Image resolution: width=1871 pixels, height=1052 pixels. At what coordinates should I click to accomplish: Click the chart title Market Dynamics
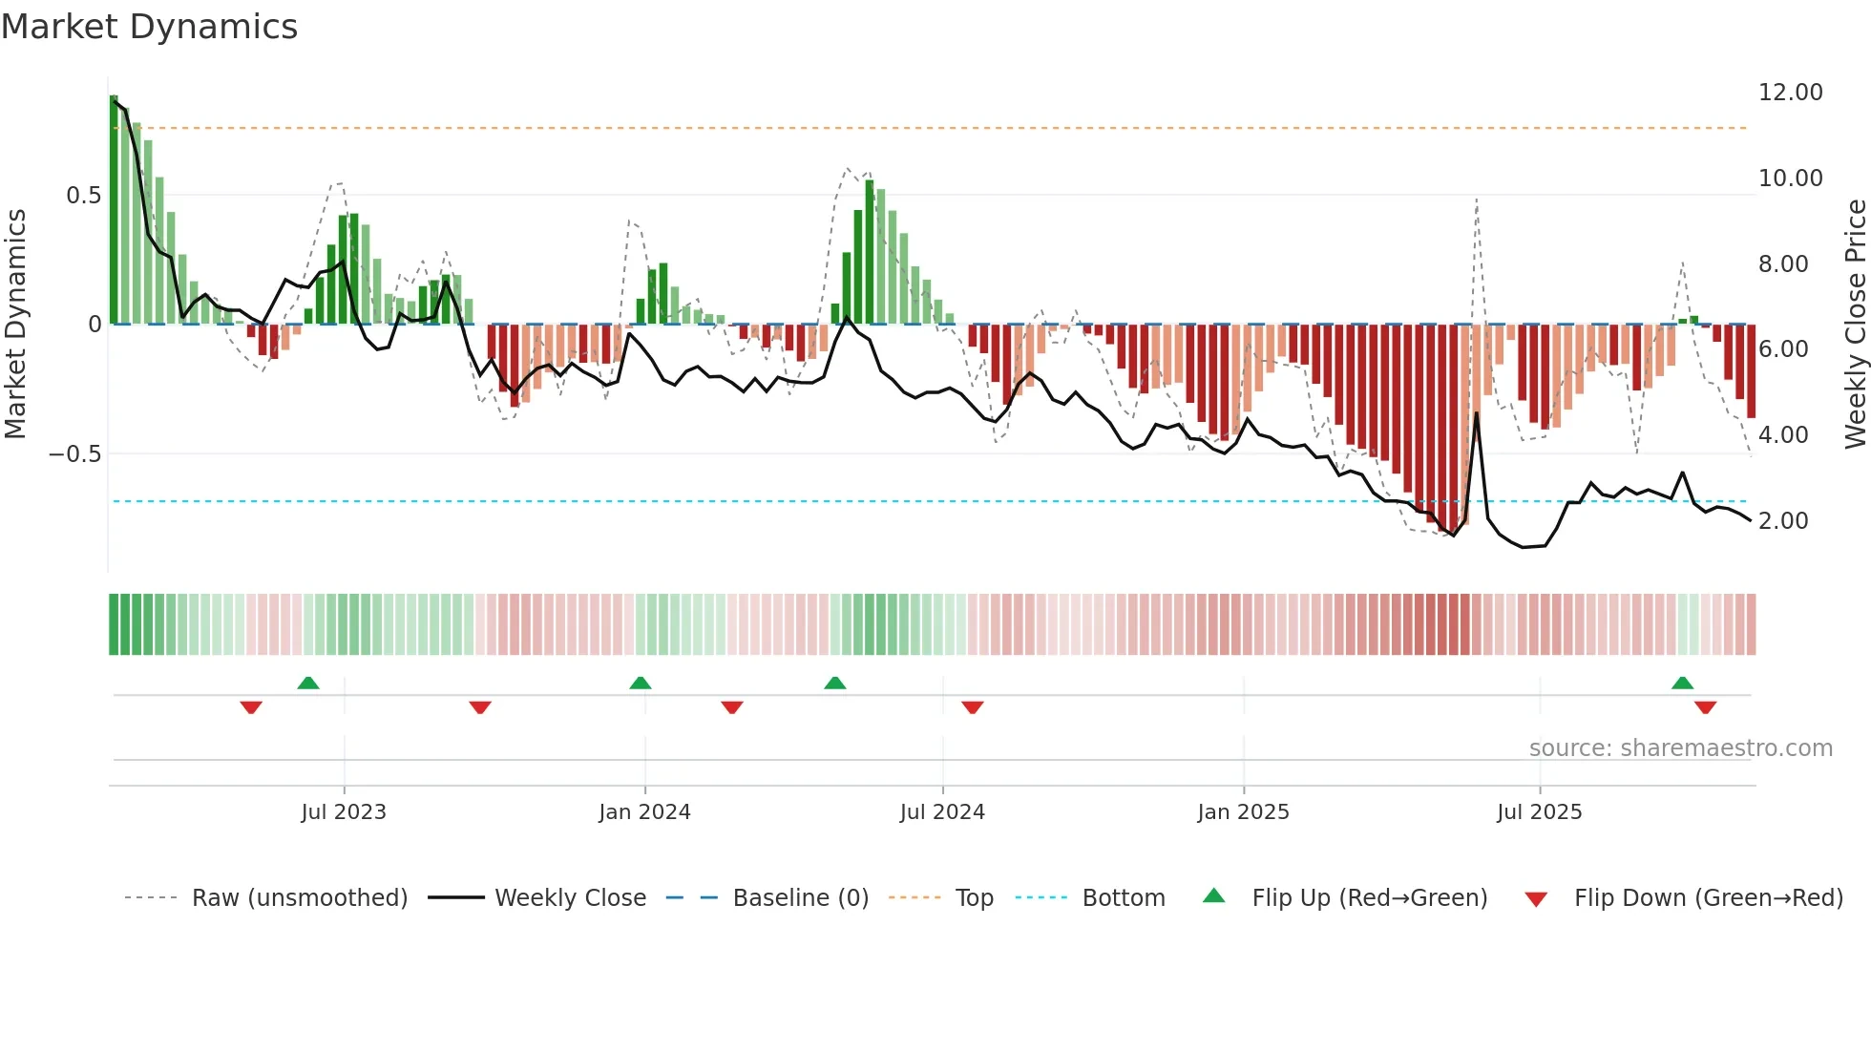pyautogui.click(x=150, y=27)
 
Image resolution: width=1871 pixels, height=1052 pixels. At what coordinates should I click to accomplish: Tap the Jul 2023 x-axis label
pyautogui.click(x=344, y=812)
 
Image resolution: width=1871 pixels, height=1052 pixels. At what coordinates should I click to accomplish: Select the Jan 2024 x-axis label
pyautogui.click(x=644, y=812)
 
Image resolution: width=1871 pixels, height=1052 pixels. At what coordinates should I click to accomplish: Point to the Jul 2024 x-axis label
pyautogui.click(x=942, y=812)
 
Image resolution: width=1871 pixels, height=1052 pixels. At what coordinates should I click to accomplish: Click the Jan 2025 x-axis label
pyautogui.click(x=1243, y=812)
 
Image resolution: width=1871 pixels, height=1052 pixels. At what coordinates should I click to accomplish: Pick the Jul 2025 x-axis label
pyautogui.click(x=1539, y=812)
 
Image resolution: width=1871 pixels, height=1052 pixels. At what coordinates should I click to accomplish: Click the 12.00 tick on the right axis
pyautogui.click(x=1790, y=93)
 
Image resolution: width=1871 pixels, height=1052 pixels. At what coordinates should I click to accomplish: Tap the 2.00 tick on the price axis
pyautogui.click(x=1783, y=521)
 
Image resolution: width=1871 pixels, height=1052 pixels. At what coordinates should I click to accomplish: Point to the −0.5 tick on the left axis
pyautogui.click(x=74, y=454)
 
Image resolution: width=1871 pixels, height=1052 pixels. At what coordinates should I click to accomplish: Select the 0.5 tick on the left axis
pyautogui.click(x=83, y=196)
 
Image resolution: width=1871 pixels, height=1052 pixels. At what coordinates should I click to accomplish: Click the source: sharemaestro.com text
pyautogui.click(x=1680, y=748)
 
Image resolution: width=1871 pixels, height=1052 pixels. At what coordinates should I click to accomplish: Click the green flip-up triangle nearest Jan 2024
pyautogui.click(x=641, y=684)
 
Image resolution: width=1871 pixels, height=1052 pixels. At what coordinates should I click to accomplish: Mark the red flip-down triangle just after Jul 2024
pyautogui.click(x=973, y=707)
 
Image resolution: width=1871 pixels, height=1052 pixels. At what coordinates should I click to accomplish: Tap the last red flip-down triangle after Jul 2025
pyautogui.click(x=1706, y=707)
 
